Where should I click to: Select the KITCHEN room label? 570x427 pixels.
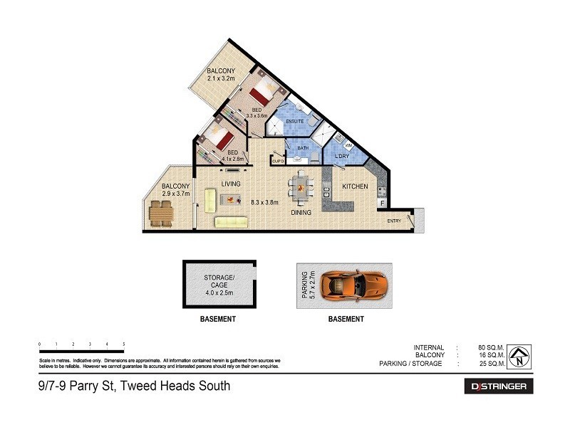pos(355,186)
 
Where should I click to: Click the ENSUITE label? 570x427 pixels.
pos(295,122)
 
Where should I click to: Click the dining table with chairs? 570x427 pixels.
pos(300,188)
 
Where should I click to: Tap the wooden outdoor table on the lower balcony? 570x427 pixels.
pos(161,213)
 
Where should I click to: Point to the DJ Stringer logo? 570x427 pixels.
pos(499,386)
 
